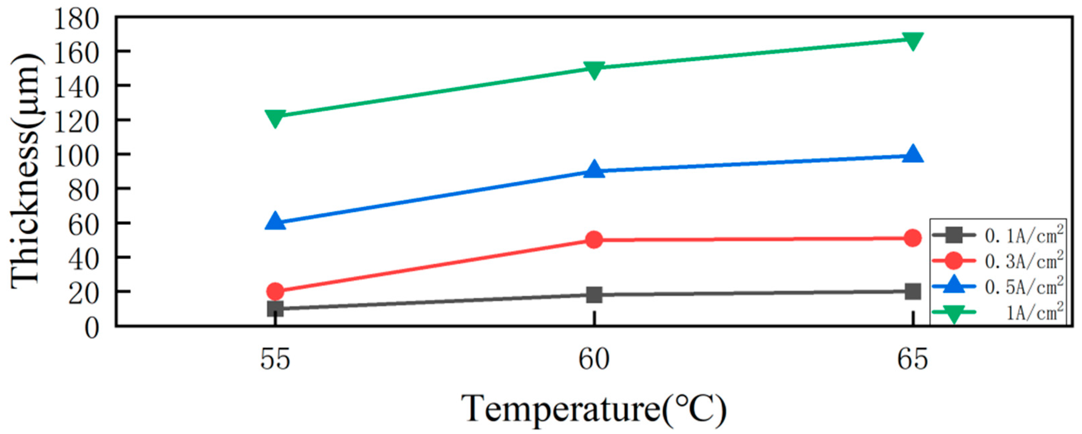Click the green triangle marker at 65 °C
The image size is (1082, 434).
[x=912, y=41]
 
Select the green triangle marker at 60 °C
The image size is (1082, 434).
[x=594, y=69]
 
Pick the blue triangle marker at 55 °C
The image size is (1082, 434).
[x=275, y=221]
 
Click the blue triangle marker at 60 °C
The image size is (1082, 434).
[x=594, y=170]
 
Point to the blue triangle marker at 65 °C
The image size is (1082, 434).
[x=912, y=154]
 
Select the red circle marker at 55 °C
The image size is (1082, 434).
[x=275, y=290]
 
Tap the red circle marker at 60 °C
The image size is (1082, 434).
[x=594, y=240]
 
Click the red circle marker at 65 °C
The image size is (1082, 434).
[x=912, y=238]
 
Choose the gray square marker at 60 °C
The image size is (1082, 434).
[x=594, y=295]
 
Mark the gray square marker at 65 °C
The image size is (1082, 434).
[x=912, y=291]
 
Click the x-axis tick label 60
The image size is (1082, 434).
[x=594, y=360]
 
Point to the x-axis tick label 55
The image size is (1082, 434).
[x=275, y=360]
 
